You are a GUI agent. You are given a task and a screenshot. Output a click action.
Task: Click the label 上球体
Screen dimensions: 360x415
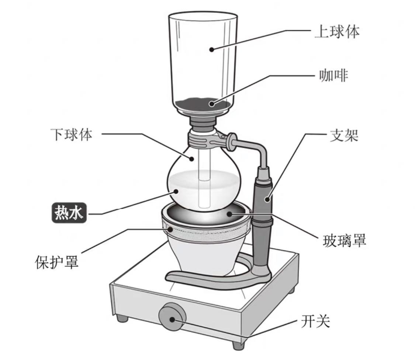(336, 32)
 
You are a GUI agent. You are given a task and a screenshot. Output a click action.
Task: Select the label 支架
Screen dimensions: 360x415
(343, 136)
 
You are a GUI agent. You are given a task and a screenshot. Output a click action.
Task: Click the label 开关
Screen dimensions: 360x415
(315, 321)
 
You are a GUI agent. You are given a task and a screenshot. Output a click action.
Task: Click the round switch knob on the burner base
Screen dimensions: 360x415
(172, 317)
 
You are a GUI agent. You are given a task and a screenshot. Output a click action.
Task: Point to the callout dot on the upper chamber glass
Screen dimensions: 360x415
(212, 49)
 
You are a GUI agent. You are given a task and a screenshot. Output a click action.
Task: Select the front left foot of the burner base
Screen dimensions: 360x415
(121, 317)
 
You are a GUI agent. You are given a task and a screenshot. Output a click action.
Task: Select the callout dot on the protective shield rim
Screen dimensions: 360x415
(170, 230)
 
